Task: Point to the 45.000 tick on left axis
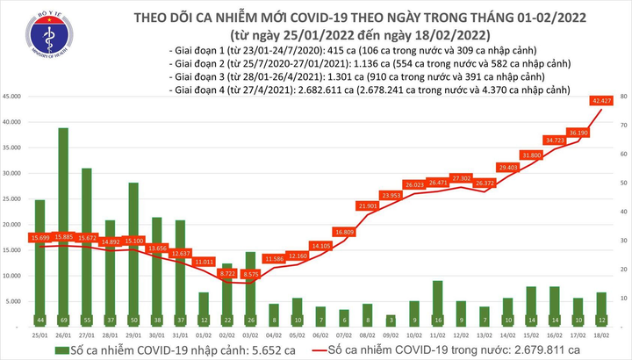(x=17, y=97)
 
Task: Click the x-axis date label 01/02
(x=204, y=335)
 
